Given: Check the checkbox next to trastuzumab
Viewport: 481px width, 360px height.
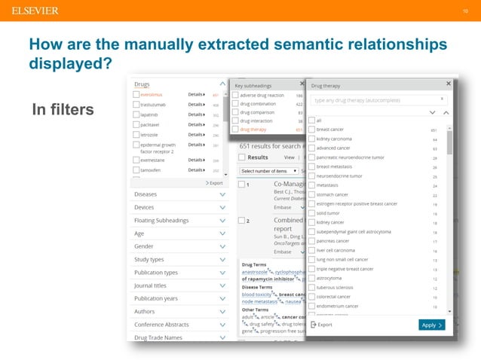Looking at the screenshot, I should (x=136, y=105).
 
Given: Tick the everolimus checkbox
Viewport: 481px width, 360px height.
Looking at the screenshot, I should (x=136, y=96).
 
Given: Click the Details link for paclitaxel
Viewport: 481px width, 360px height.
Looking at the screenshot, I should (x=197, y=124).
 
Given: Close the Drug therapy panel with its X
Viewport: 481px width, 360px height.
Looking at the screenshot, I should (x=449, y=84).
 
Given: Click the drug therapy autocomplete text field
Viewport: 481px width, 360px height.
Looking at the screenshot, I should (x=373, y=99).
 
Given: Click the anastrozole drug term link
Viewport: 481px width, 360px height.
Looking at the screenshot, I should (x=258, y=272).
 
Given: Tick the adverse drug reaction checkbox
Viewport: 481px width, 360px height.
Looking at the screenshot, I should (x=235, y=96).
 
